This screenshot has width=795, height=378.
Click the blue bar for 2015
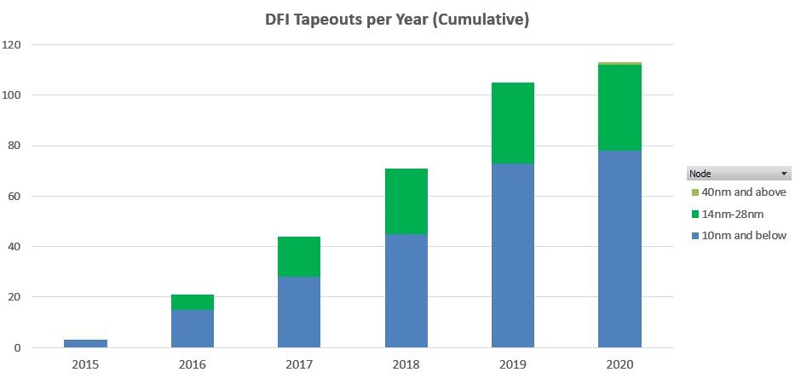[x=86, y=344]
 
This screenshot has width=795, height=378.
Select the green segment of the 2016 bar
[x=193, y=302]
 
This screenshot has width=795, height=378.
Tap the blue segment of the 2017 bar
[x=299, y=312]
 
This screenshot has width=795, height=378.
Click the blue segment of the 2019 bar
[x=513, y=255]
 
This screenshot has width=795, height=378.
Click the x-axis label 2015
[x=86, y=364]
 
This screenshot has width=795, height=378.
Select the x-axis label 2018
[x=406, y=364]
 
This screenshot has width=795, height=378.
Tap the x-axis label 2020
[x=620, y=364]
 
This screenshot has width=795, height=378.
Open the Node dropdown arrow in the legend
[x=784, y=173]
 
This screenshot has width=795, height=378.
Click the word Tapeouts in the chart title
[x=336, y=20]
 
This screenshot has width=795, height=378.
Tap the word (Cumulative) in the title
[x=484, y=20]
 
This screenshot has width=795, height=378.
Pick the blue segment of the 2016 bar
[x=193, y=329]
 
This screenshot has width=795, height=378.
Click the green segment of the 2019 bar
[x=513, y=123]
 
